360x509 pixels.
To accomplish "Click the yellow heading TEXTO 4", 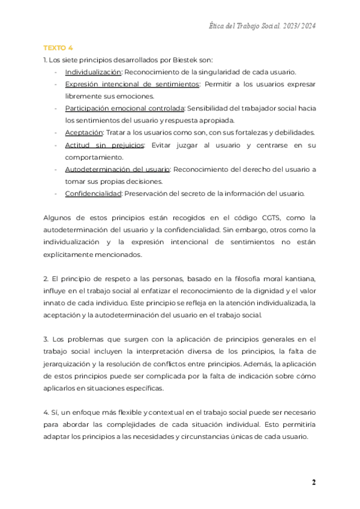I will coord(58,47).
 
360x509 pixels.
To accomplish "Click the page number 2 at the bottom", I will coord(313,483).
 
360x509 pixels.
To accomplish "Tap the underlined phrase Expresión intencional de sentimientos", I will coord(131,84).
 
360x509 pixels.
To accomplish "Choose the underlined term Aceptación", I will coord(83,133).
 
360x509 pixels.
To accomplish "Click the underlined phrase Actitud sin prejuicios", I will coord(104,145).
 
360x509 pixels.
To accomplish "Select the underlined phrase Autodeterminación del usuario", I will coord(117,169).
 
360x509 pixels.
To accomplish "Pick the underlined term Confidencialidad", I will coord(93,193).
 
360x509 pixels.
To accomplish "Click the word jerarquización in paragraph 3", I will coord(71,363).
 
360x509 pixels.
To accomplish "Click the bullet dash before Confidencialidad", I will coord(55,193).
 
